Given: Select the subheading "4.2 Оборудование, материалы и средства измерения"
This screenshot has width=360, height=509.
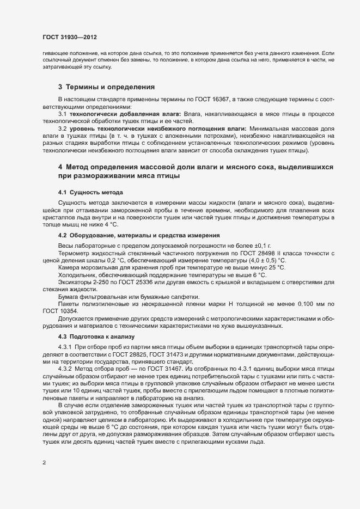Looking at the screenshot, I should (139, 235).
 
